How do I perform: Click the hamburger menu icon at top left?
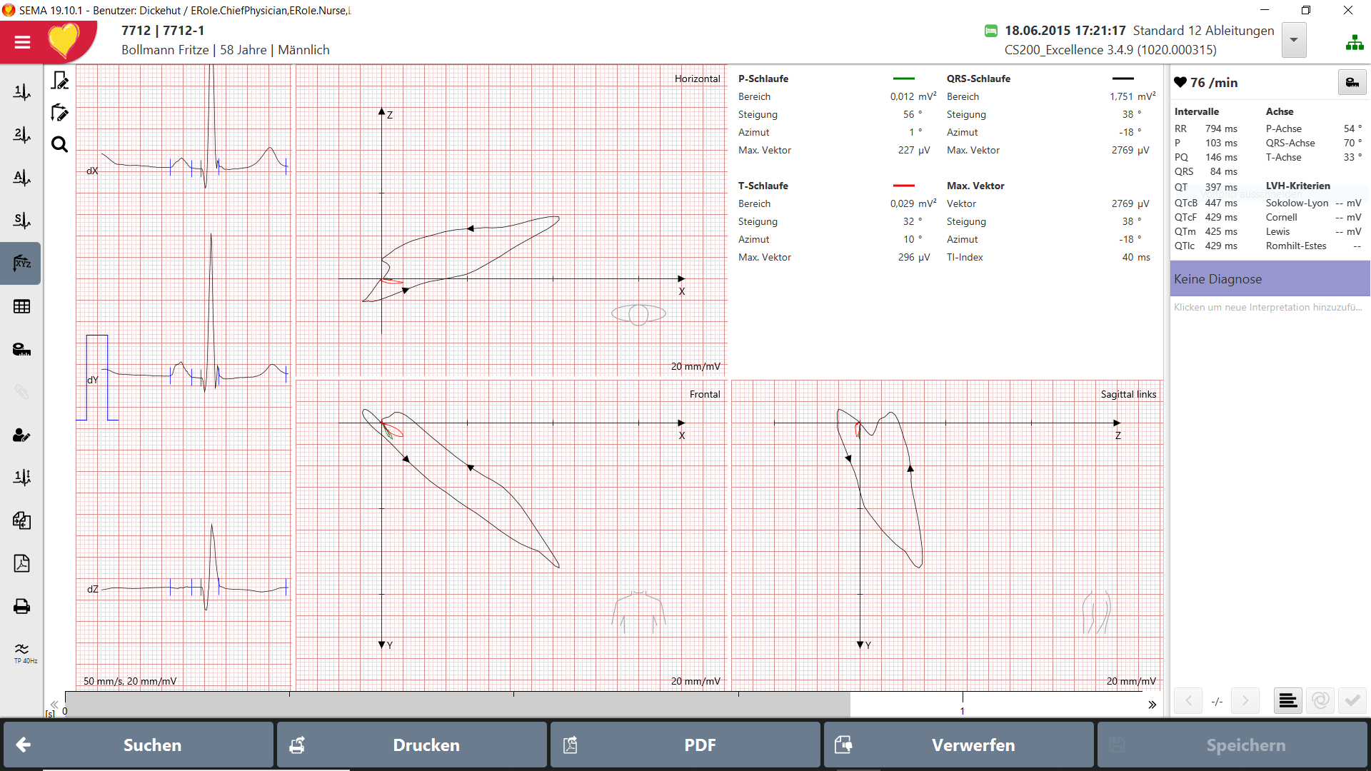pos(22,42)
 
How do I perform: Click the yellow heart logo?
pos(64,41)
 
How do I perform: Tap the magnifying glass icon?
pos(60,145)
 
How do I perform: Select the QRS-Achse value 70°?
pos(1352,143)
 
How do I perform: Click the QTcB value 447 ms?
pos(1221,203)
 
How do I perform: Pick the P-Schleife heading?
pos(763,79)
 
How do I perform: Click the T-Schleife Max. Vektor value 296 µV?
pos(914,257)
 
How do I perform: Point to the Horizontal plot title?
pos(697,79)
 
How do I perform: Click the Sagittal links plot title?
pos(1128,394)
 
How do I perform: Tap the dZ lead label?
pos(93,589)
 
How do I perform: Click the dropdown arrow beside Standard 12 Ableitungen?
pos(1293,40)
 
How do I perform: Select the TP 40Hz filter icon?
pos(23,652)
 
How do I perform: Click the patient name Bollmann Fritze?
pos(165,50)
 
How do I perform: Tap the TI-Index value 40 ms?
pos(1136,257)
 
